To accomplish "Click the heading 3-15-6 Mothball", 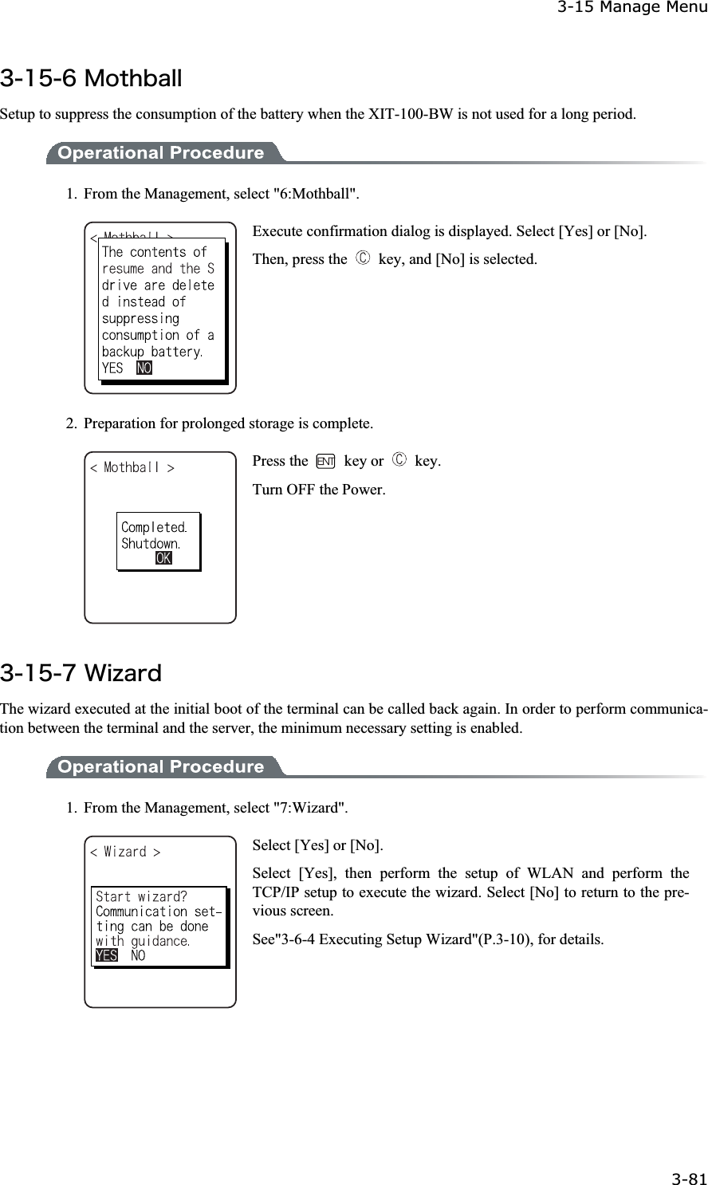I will (x=92, y=80).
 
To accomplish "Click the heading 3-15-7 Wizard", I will (x=81, y=674).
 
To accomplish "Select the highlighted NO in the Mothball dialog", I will (x=144, y=368).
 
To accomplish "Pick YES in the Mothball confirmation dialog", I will (x=112, y=368).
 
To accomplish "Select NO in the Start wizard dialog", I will (x=138, y=955).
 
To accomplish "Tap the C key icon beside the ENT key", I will (x=399, y=462).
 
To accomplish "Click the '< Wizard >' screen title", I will (x=125, y=852).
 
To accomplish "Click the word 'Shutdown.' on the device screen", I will (x=150, y=544).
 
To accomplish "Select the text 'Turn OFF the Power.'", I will (x=319, y=489).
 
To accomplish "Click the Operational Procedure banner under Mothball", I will (x=162, y=153).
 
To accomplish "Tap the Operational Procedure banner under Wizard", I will (x=162, y=767).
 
